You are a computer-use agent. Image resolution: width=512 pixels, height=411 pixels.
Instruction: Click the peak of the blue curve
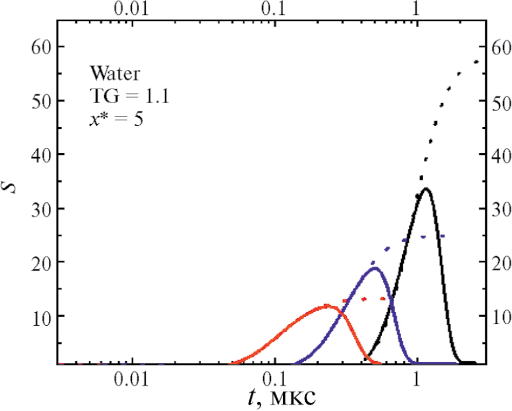pos(375,268)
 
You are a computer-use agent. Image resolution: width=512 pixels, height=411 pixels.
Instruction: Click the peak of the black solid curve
pos(426,189)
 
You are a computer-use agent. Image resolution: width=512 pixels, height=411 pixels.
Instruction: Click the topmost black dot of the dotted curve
pos(477,62)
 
